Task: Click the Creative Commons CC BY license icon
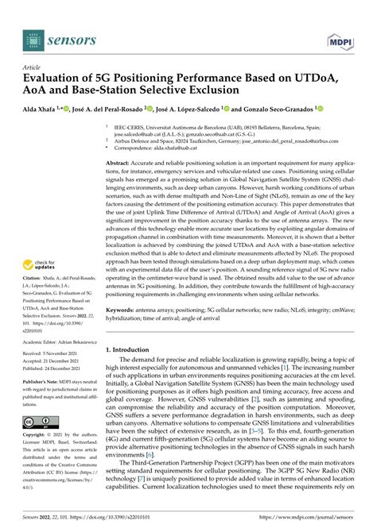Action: pyautogui.click(x=37, y=443)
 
